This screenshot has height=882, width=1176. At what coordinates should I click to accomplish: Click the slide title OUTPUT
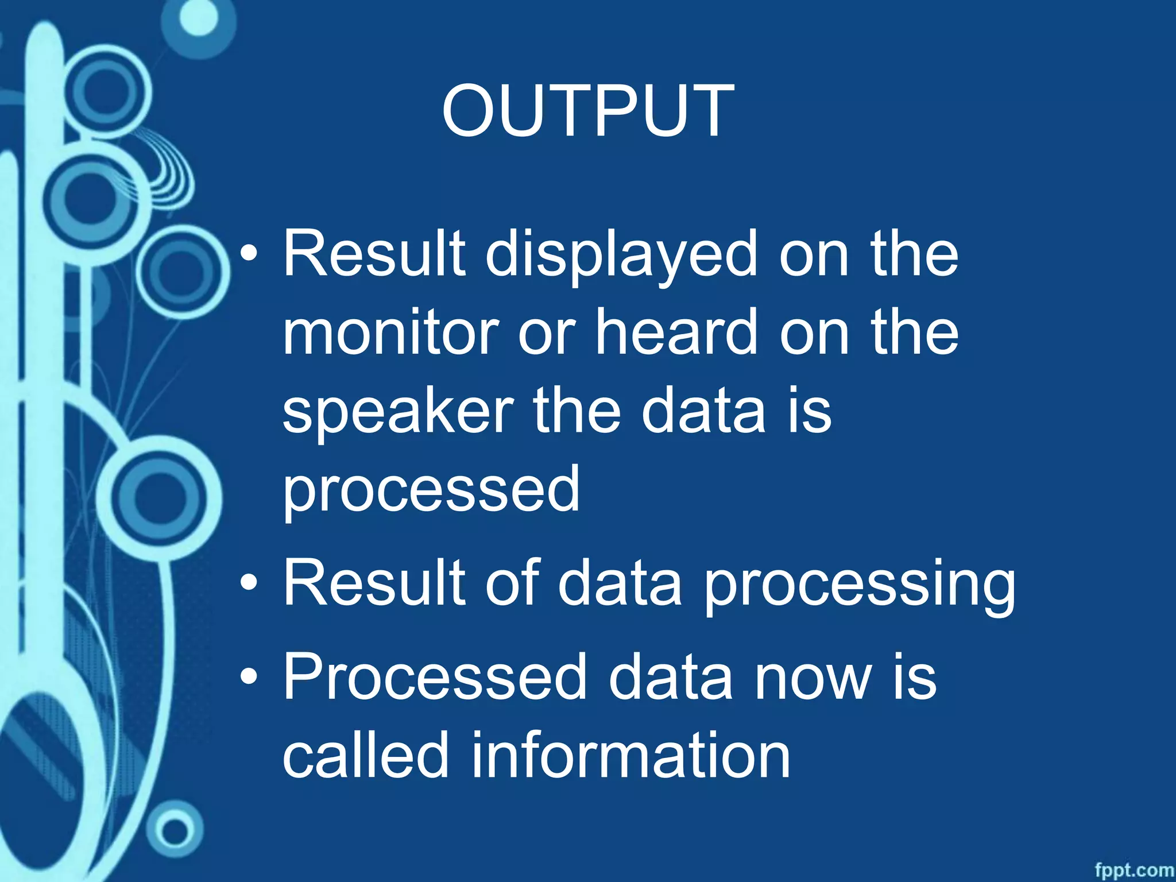coord(587,111)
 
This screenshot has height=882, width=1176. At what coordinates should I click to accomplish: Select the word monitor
coord(390,333)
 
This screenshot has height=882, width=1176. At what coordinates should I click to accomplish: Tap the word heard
coord(676,333)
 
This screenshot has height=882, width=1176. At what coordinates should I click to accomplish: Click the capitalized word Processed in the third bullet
coord(435,678)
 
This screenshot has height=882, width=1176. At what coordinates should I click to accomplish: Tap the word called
coord(365,756)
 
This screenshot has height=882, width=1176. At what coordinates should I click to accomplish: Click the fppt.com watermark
coord(1134,870)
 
